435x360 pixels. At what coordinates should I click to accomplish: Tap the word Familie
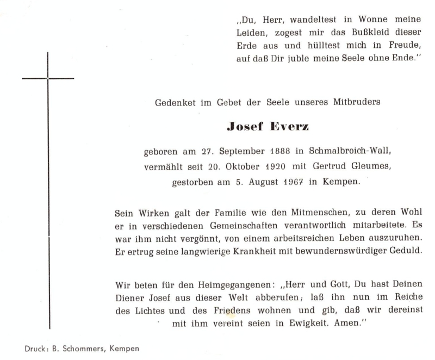click(222, 210)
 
